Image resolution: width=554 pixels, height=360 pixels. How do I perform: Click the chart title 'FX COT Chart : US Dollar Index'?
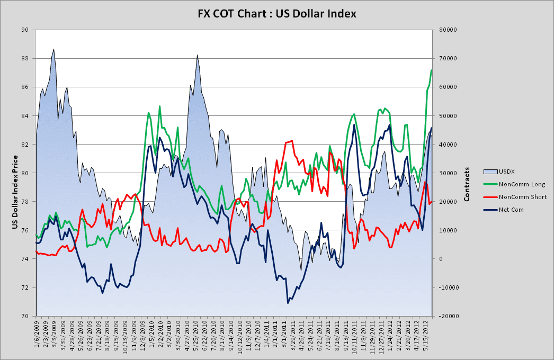(277, 12)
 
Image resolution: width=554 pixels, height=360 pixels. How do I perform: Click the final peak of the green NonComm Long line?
(432, 70)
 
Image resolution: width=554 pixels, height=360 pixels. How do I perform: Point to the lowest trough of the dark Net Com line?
(288, 303)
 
